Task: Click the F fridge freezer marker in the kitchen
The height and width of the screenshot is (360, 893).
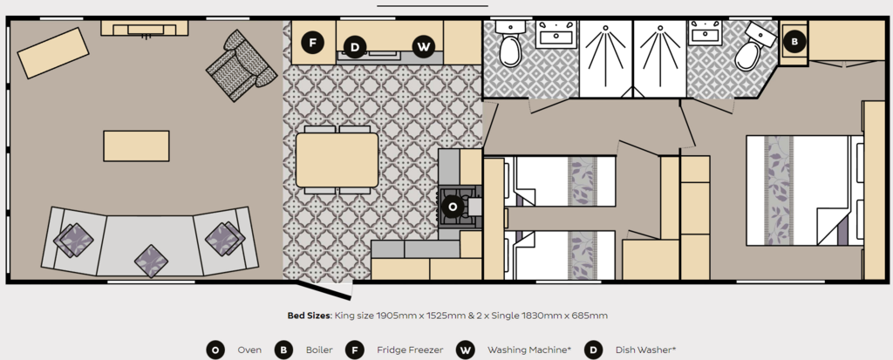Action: [x=312, y=43]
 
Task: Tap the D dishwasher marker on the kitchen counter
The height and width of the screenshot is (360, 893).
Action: [x=355, y=47]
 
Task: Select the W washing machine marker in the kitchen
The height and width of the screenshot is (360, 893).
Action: [x=423, y=47]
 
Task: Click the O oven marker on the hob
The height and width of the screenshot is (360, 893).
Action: [x=453, y=207]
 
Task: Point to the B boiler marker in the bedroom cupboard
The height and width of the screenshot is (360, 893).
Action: [x=794, y=41]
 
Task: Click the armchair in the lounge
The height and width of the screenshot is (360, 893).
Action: [x=241, y=65]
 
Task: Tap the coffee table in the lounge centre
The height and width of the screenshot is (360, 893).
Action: [x=136, y=146]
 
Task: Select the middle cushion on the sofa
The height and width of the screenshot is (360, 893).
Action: [x=151, y=262]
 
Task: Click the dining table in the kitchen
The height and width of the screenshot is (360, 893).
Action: [x=337, y=160]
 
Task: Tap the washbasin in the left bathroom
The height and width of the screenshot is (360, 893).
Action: [x=556, y=34]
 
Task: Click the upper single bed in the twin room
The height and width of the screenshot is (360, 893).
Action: [x=560, y=181]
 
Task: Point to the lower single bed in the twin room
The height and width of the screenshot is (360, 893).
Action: [x=560, y=255]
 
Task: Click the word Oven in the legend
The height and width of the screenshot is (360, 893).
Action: [x=249, y=350]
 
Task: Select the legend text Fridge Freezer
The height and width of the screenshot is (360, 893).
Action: [x=410, y=350]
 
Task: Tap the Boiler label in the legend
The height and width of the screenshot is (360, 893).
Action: [x=319, y=350]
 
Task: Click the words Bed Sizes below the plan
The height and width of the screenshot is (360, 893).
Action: [x=310, y=315]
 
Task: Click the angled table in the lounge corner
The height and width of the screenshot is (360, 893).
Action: [x=53, y=53]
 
